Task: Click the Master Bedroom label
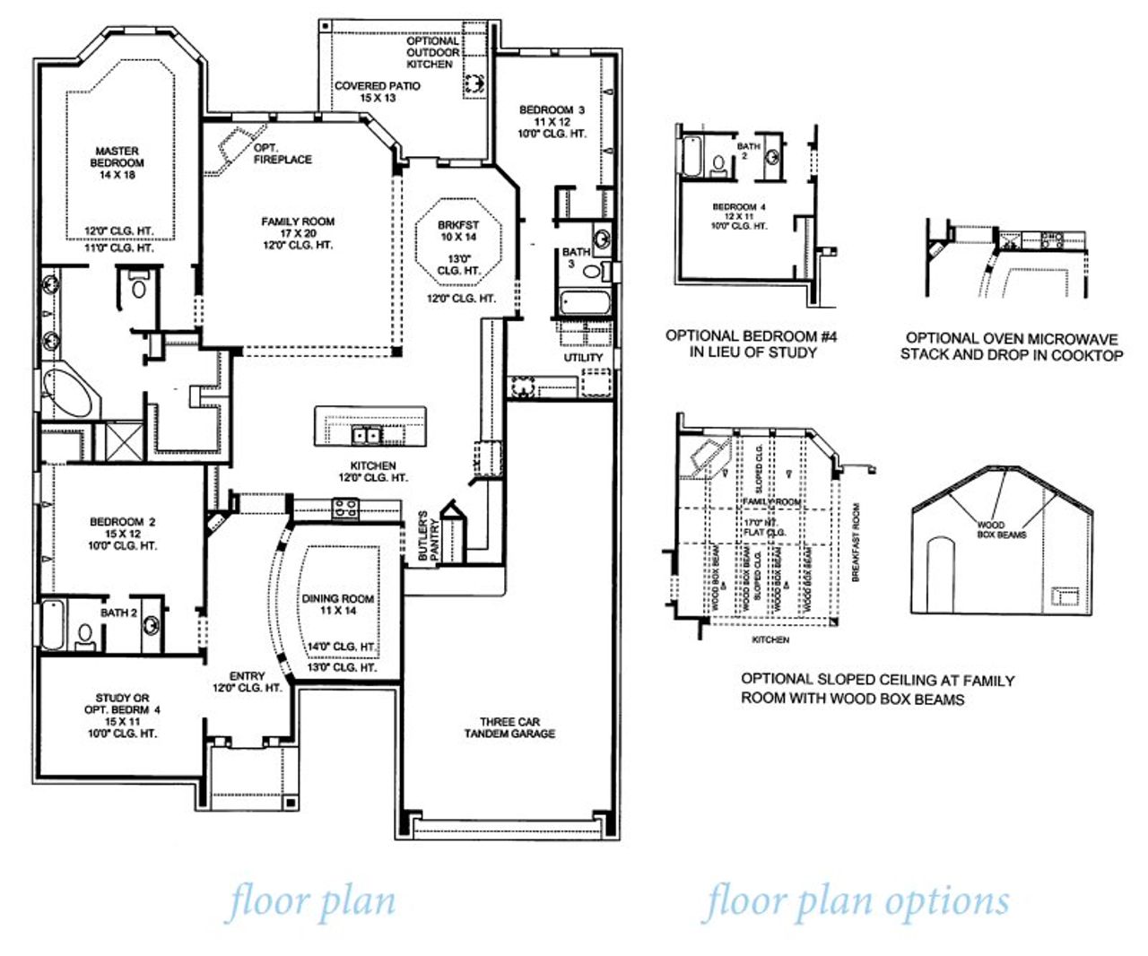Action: pos(117,162)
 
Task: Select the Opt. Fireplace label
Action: pos(282,153)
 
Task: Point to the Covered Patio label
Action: pos(378,91)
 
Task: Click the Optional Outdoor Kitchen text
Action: pos(432,53)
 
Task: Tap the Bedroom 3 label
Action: pos(552,121)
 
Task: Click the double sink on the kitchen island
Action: pos(366,436)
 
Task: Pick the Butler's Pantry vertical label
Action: pos(429,536)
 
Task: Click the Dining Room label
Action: pos(338,604)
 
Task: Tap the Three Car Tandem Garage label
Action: pos(509,727)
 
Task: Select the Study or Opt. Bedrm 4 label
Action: pos(122,715)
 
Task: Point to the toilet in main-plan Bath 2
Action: pos(85,635)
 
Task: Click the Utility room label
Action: pos(583,357)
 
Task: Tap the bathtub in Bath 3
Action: pos(584,302)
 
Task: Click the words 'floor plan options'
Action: pos(857,901)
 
